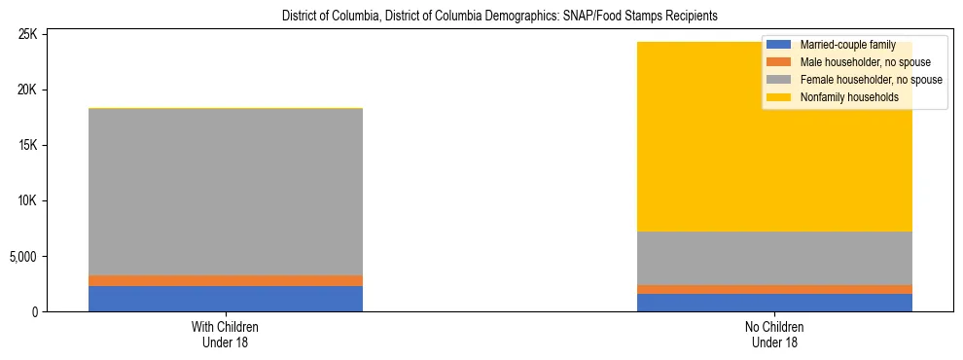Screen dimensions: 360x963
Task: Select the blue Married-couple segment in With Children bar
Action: (226, 299)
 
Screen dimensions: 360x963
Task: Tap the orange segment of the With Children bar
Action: (226, 280)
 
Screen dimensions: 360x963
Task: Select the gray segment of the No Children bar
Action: (774, 258)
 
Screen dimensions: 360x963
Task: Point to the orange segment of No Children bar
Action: (774, 289)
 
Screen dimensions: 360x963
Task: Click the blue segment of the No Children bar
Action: (774, 303)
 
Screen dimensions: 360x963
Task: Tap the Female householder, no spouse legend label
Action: (870, 80)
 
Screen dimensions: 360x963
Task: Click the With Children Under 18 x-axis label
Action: (226, 335)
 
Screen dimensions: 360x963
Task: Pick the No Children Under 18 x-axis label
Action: (774, 335)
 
